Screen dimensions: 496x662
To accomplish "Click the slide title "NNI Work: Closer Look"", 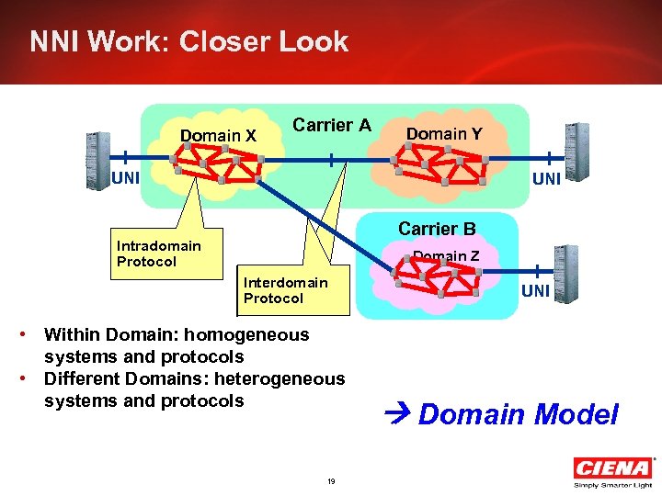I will tap(188, 42).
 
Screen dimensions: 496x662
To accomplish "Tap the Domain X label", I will tap(218, 136).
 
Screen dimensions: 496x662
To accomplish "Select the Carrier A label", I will tap(331, 125).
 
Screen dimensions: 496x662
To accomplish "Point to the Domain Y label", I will tap(444, 134).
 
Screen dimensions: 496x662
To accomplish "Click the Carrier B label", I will tap(437, 229).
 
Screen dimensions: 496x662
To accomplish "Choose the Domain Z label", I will tap(446, 256).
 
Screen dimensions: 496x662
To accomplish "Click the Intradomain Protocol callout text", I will tap(158, 254).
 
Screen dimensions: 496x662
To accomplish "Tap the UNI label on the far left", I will tap(125, 178).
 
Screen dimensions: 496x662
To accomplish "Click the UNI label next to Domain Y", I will tap(546, 179).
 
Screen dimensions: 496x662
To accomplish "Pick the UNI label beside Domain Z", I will tap(535, 291).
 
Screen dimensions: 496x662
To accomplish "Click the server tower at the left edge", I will tap(97, 161).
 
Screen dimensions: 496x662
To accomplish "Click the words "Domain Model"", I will tap(519, 414).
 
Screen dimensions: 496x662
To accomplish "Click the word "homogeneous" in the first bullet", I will tap(250, 334).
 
